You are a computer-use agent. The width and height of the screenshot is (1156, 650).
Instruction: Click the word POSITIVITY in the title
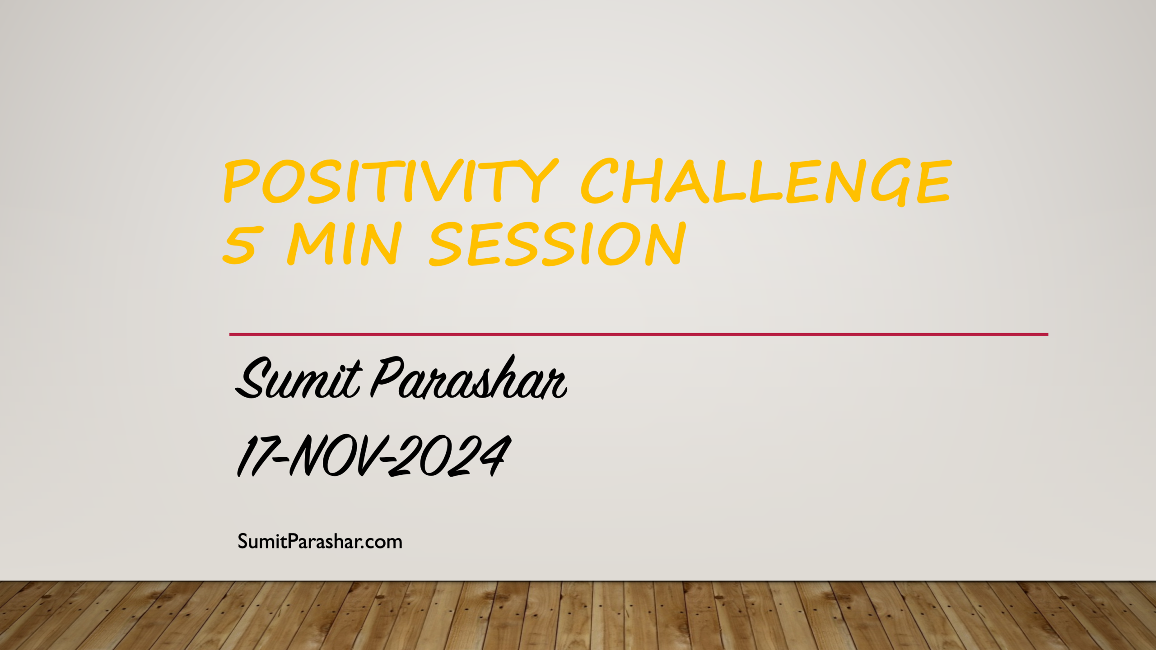[391, 181]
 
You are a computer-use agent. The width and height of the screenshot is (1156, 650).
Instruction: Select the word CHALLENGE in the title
[766, 181]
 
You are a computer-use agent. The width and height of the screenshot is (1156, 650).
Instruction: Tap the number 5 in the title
[243, 244]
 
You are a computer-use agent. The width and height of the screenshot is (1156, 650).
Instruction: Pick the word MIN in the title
[344, 244]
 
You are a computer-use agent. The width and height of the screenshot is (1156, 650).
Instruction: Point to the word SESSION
[557, 244]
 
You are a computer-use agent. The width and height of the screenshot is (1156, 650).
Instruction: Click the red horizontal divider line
[639, 334]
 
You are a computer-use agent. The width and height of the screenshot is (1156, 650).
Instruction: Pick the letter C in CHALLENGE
[599, 181]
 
